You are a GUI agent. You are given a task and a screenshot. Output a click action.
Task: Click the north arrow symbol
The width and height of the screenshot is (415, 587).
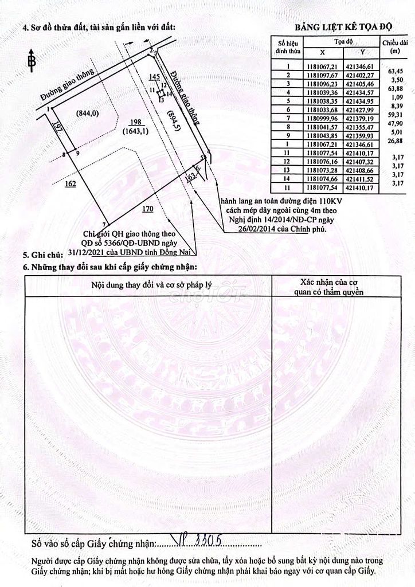coord(32,60)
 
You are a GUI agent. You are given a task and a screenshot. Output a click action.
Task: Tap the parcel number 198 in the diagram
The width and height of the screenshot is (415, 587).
coord(135,122)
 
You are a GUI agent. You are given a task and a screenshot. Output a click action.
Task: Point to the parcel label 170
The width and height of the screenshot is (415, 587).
coord(147,210)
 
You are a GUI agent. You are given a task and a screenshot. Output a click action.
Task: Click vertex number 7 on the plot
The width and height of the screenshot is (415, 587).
coord(105,224)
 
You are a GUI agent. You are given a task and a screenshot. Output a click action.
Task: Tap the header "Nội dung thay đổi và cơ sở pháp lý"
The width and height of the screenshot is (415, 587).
coord(148,285)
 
